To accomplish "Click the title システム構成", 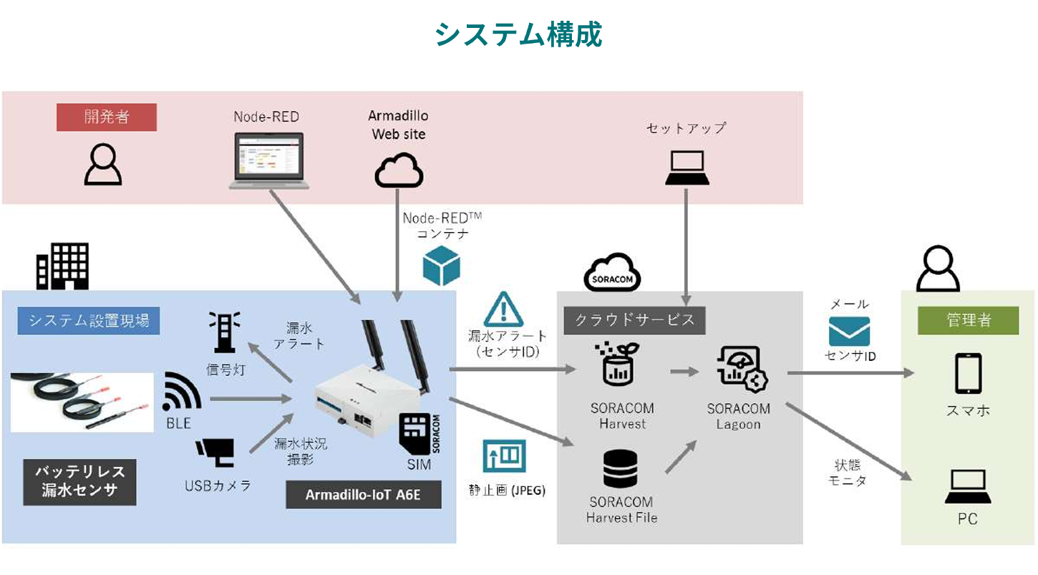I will click(x=518, y=34).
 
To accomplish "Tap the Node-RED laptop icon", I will click(x=269, y=161).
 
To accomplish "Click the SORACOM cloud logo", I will click(x=612, y=272).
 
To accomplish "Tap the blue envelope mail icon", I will click(x=849, y=332).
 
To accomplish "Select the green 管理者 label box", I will click(x=968, y=320).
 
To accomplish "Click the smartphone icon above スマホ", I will click(x=968, y=374).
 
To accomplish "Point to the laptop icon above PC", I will click(x=968, y=488).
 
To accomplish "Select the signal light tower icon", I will click(x=224, y=334).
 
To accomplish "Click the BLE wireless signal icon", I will click(x=182, y=392).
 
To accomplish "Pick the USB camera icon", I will click(x=215, y=451).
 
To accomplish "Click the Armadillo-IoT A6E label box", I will click(x=363, y=495).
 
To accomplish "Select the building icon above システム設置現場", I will click(x=63, y=266).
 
